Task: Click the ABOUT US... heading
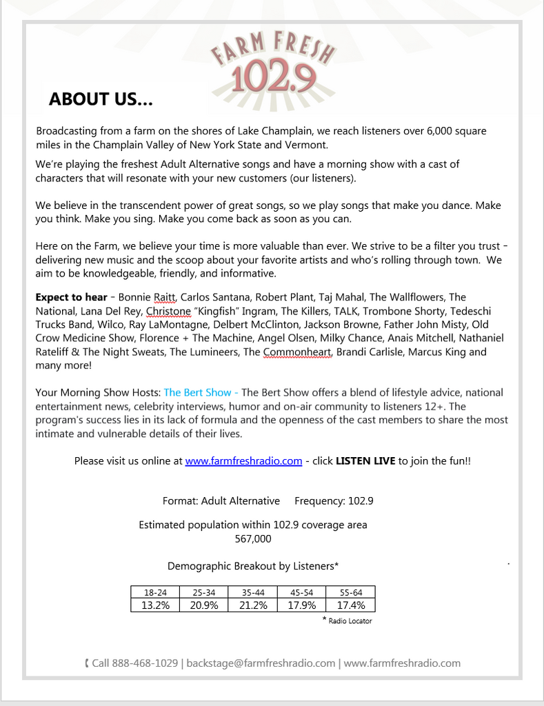point(101,100)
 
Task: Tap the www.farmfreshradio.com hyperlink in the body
point(243,461)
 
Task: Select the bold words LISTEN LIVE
point(365,461)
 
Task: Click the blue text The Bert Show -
point(201,393)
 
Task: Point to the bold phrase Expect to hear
point(70,298)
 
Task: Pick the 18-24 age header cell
point(155,592)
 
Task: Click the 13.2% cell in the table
point(155,605)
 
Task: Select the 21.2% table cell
point(253,605)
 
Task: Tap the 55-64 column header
point(351,592)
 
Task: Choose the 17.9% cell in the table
point(301,605)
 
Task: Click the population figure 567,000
point(253,539)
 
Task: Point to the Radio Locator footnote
point(349,621)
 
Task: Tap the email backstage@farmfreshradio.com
point(261,663)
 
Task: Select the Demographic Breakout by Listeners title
point(253,567)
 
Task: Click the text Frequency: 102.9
point(334,501)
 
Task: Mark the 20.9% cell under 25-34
point(204,605)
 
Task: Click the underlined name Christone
point(168,312)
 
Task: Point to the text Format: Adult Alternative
point(221,501)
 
